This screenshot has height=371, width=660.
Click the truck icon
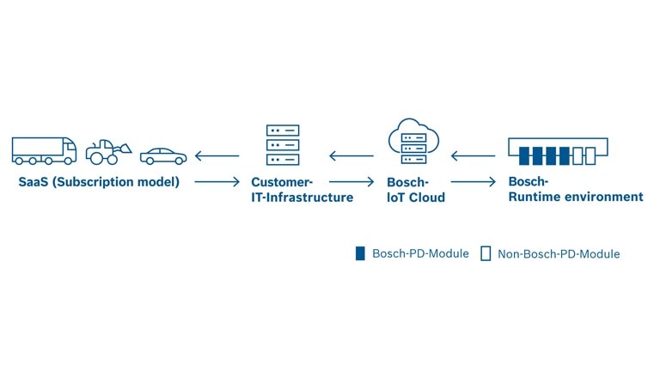coord(44,149)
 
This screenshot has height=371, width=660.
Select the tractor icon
coord(107,151)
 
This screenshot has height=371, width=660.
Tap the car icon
coord(162,155)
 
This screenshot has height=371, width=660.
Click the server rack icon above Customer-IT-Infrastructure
coord(282,145)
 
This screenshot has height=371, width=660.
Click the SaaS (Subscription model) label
coord(99,182)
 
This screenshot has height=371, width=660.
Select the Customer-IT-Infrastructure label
coord(302,190)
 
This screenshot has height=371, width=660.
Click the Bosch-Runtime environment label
coord(575,189)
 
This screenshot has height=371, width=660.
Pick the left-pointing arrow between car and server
coord(217,156)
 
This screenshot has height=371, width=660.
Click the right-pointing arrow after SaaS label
coord(217,182)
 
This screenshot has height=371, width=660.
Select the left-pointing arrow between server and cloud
coord(351,156)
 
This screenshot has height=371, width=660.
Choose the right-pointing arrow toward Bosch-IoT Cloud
coord(351,182)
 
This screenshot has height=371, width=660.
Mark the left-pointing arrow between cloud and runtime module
coord(473,156)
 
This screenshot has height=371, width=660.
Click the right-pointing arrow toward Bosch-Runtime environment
coord(473,182)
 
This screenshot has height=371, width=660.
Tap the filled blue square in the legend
coord(361,253)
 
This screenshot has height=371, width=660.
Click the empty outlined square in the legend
coord(486,253)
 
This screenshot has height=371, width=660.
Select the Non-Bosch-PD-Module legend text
coord(559,254)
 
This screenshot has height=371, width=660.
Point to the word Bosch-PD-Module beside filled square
coord(420,253)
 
